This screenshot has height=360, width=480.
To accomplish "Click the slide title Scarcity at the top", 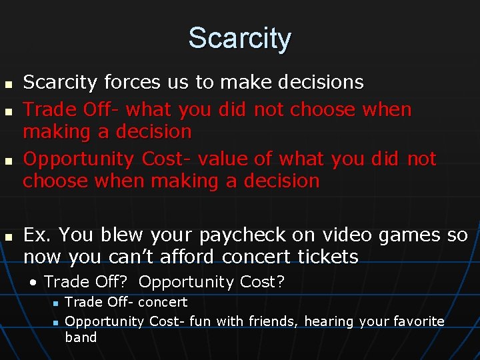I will tap(239, 38).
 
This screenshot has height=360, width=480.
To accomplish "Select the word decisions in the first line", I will tap(319, 83).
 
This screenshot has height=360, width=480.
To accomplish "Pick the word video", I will tap(346, 235).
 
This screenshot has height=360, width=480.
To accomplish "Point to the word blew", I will tap(122, 235).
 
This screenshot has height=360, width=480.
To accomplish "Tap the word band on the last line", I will tap(81, 337).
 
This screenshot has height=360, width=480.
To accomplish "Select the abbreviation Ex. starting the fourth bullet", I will tap(37, 235).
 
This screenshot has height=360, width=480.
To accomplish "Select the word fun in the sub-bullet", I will tap(201, 321).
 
